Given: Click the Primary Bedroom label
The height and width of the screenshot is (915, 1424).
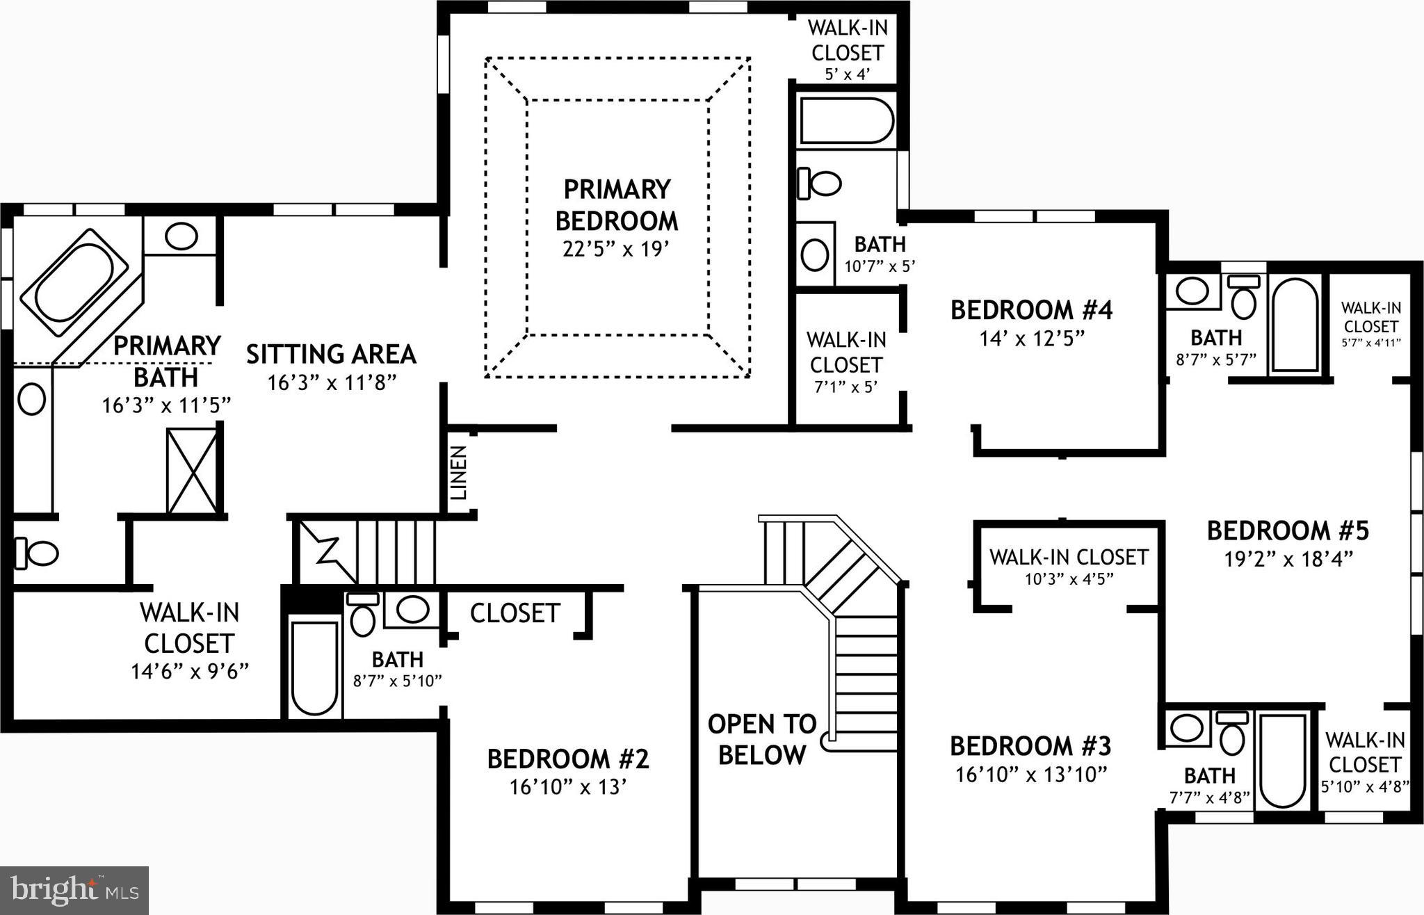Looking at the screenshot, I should pos(616,205).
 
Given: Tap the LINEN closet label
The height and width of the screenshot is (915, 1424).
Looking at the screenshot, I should pos(459,473).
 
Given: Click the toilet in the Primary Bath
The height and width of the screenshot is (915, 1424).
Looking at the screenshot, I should pos(37,553).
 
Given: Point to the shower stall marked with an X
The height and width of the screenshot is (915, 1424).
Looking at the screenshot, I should pos(192,471).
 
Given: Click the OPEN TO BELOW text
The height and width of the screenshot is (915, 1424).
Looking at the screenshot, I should pos(762,739).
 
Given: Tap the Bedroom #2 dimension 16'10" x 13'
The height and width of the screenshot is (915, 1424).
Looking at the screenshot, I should pos(569,787).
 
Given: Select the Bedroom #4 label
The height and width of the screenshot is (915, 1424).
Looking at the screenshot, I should pos(1031,310).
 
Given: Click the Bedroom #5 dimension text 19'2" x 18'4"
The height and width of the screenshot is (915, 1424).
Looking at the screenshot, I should pos(1288,559).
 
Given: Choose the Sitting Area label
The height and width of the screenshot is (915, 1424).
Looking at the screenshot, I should pos(331,354).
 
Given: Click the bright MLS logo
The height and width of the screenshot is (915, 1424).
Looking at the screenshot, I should pos(74,890).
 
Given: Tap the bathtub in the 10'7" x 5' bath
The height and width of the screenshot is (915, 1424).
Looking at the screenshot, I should pos(845,120).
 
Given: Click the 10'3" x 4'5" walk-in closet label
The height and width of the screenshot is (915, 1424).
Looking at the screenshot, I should pos(1069,565).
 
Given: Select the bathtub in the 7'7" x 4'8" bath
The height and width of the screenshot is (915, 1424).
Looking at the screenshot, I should pos(1283,761).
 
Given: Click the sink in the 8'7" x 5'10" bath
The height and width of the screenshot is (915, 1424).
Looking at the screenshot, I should pos(412,609).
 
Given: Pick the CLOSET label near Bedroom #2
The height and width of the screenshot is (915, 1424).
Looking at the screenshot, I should pos(515,613).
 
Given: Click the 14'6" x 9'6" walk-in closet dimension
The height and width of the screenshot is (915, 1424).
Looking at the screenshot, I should pos(190,672).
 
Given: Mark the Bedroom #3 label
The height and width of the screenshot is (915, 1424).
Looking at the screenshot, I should pos(1030,746).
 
